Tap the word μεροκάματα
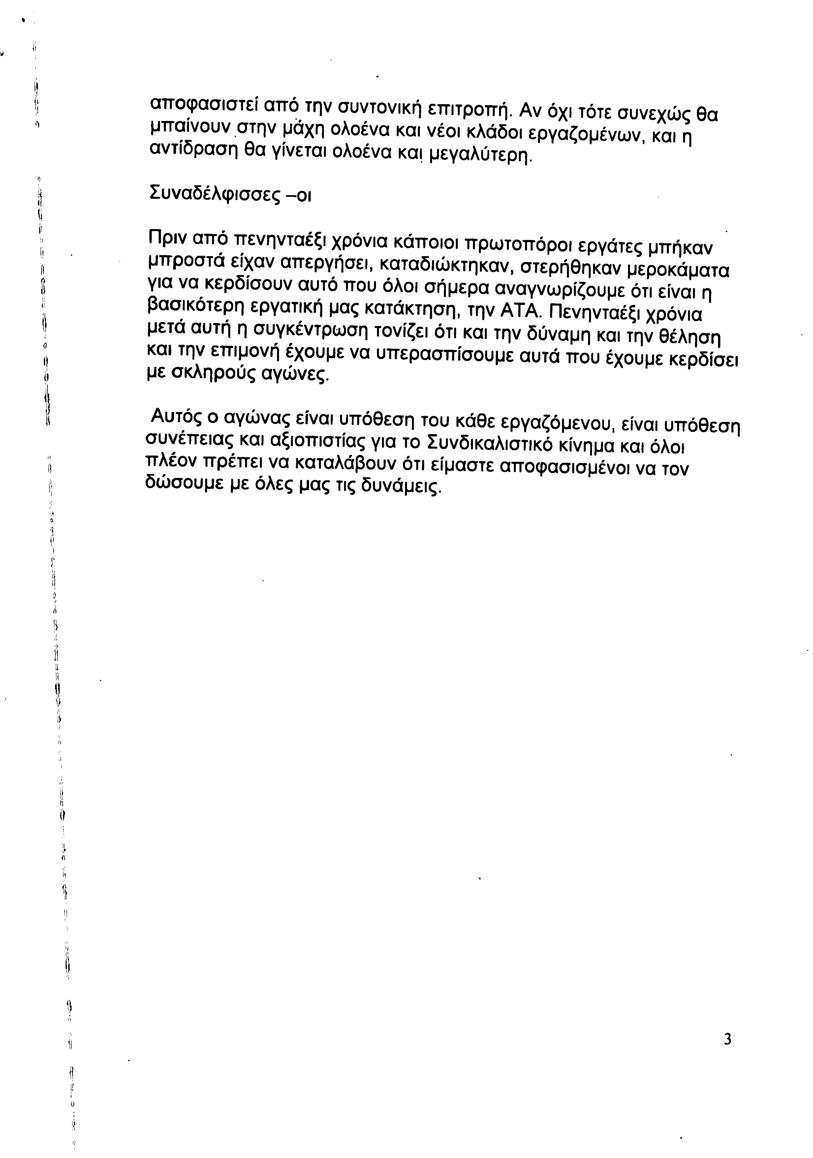pyautogui.click(x=678, y=270)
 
